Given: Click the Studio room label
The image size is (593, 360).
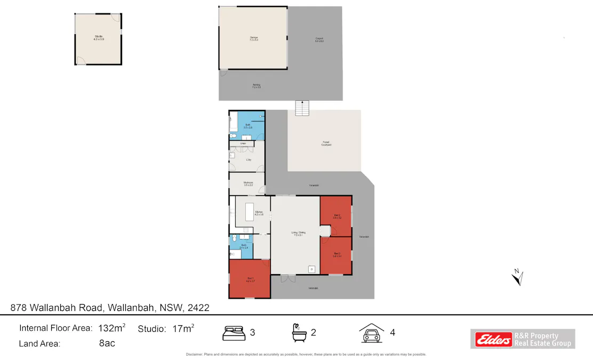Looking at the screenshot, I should pos(99,37).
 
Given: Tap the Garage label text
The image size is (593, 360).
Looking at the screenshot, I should pos(253,38).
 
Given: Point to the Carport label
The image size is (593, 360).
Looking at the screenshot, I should pos(319,39).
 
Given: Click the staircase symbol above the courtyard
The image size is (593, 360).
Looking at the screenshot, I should pos(302,108).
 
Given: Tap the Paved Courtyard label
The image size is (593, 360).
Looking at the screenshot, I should pos(326,143).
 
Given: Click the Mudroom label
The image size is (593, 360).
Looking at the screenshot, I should pos(248,184).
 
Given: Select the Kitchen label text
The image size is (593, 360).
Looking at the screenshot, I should pos(259,213).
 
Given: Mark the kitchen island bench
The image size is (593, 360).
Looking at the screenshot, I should pos(249,212).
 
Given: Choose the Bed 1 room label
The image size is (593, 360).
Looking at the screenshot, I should pos(250,279).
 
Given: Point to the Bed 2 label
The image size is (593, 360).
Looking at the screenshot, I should pos(337,217).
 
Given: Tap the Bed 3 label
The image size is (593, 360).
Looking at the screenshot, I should pos(337,255).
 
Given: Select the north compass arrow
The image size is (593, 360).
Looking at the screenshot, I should pos(517,277).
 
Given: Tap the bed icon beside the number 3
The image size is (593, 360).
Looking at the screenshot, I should pos(234,333).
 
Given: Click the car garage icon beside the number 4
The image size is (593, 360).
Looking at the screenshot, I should pos(371,332).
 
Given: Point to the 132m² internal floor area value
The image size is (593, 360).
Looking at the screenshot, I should pos(111,328).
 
